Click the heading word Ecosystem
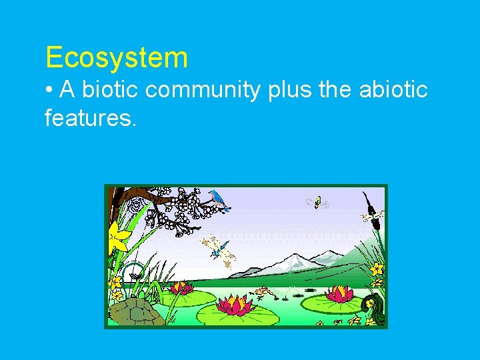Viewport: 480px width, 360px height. click(x=117, y=59)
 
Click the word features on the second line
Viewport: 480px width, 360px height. click(x=90, y=119)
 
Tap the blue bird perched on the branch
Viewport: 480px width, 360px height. click(x=218, y=198)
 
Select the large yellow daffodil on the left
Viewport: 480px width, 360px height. click(x=119, y=238)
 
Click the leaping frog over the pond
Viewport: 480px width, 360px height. click(x=265, y=292)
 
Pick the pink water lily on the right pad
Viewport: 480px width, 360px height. click(x=339, y=293)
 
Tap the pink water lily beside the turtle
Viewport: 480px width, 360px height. click(x=181, y=289)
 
